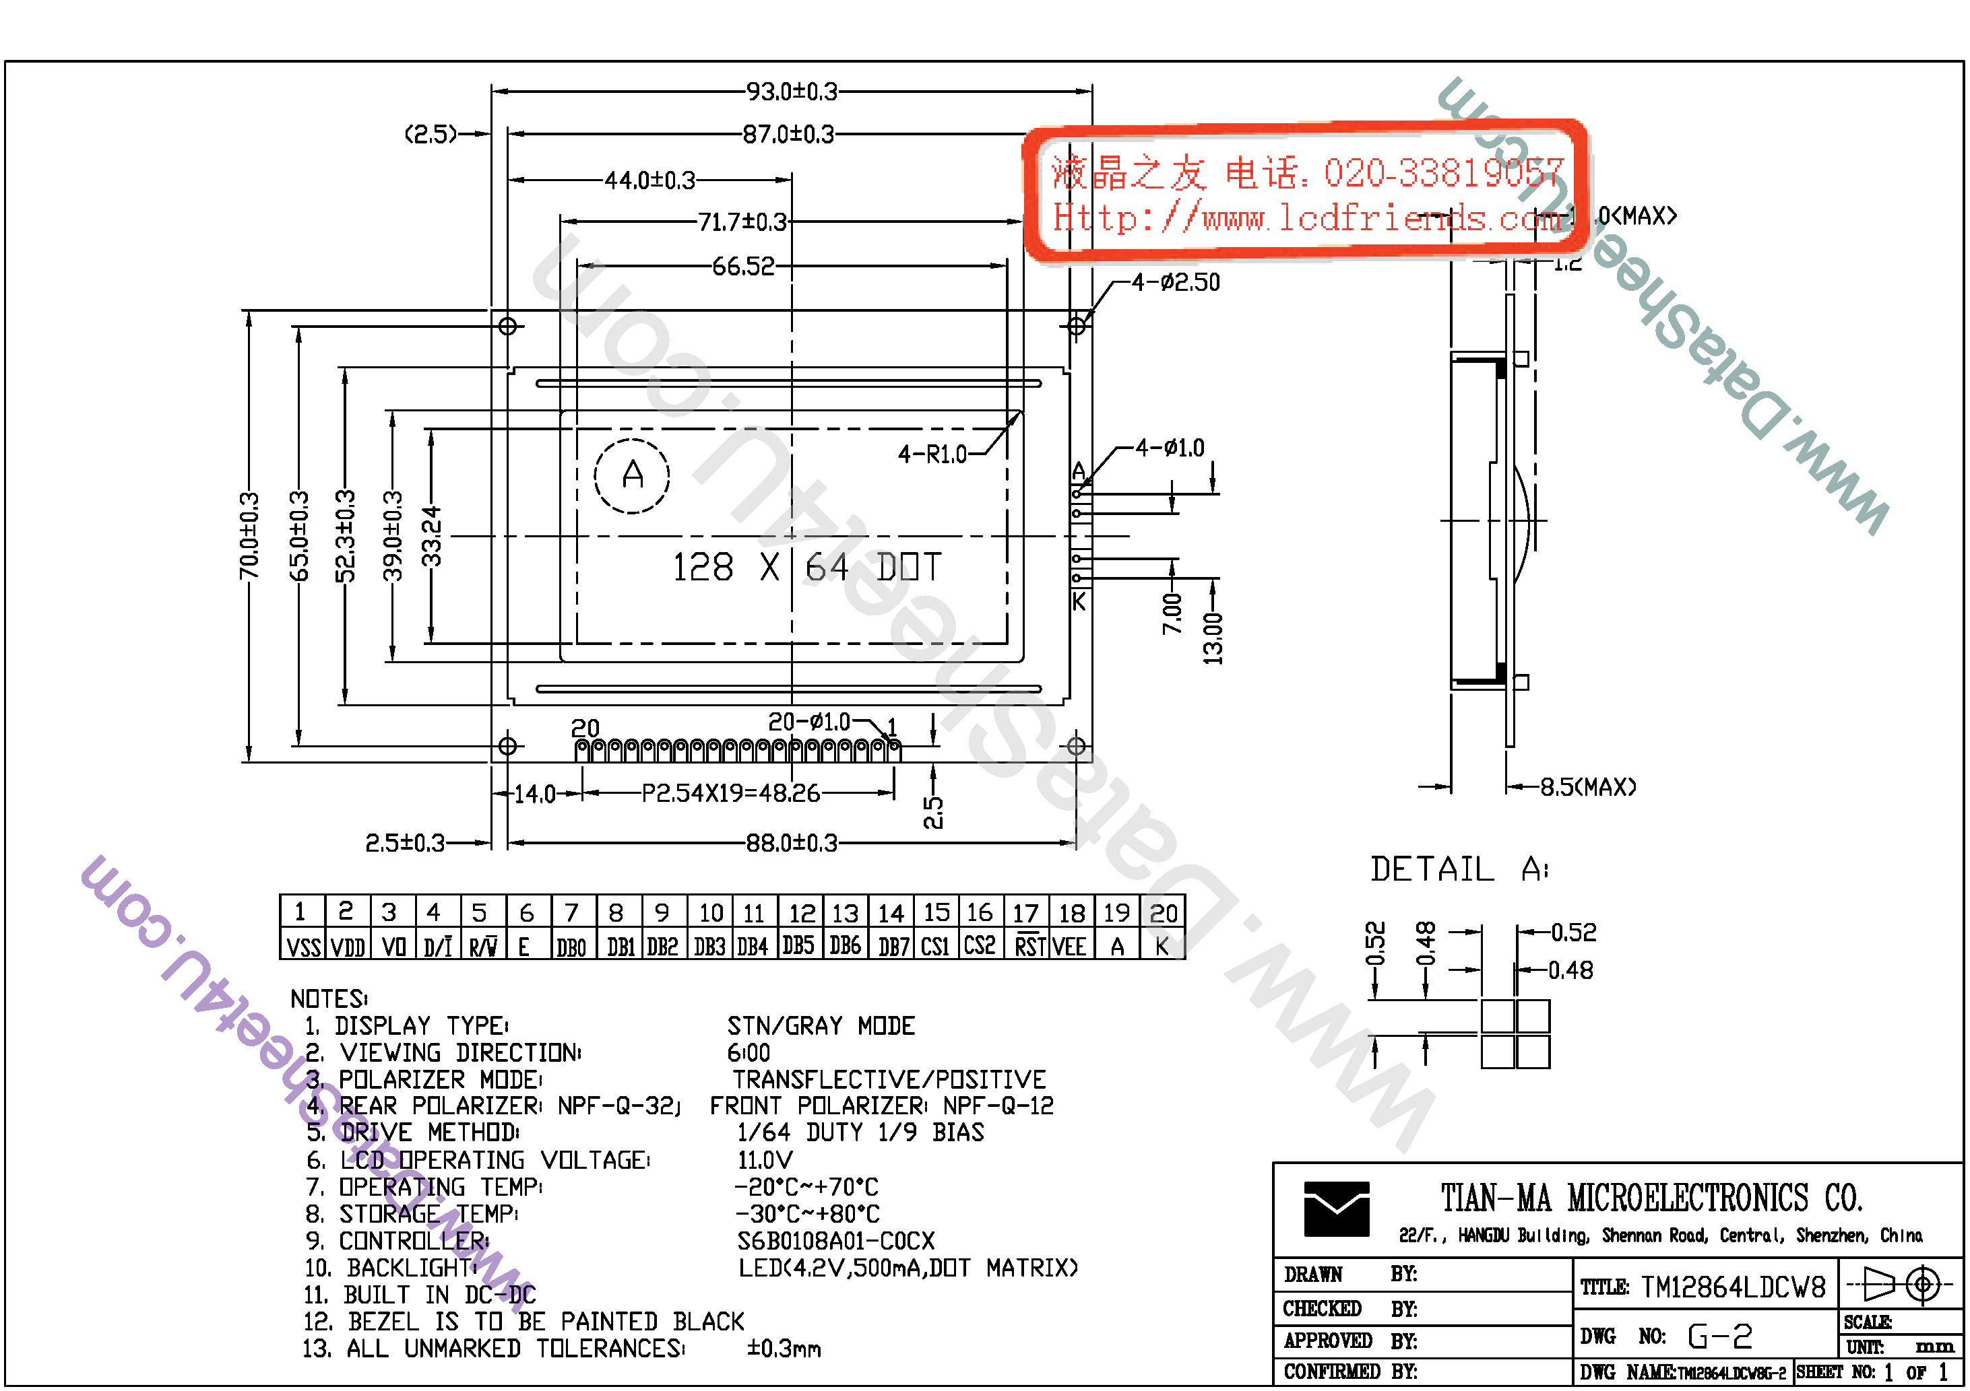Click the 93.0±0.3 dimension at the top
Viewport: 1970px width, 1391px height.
[790, 91]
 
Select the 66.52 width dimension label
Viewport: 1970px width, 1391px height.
[742, 266]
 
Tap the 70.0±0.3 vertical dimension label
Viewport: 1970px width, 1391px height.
[249, 536]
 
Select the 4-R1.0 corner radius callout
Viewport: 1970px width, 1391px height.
[932, 454]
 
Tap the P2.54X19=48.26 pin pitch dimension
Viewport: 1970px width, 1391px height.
[730, 793]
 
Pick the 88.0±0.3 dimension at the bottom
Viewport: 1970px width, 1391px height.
[790, 843]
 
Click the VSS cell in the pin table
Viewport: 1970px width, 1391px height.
[303, 947]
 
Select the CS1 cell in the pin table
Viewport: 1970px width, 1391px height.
[934, 947]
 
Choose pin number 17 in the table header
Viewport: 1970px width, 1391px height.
[1025, 912]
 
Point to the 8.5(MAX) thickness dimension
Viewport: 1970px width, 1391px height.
[1587, 786]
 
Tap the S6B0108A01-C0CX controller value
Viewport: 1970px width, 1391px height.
[835, 1241]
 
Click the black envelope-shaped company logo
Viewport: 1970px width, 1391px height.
[1336, 1209]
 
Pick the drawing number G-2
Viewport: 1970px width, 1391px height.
[1719, 1336]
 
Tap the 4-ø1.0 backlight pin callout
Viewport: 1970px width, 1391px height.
[1170, 448]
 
